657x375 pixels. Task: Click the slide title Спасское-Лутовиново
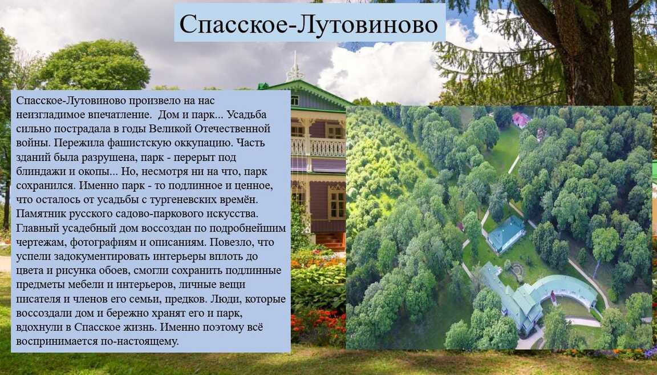(309, 23)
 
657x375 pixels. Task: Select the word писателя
(36, 299)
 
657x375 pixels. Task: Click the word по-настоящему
(140, 341)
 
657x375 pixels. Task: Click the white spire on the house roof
(295, 68)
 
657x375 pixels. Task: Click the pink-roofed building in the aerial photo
(521, 119)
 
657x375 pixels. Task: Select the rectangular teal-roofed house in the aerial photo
(506, 233)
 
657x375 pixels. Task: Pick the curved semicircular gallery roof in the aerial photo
(561, 289)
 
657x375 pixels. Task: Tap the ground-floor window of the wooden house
(337, 203)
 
